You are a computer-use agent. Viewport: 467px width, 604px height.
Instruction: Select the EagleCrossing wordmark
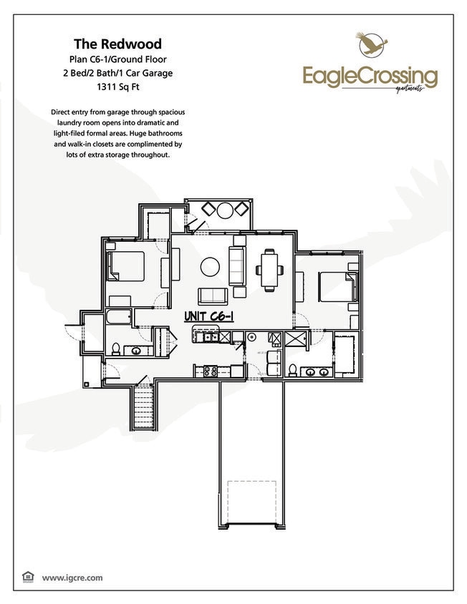(x=370, y=74)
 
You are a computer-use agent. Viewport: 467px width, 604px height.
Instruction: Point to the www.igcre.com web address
(x=72, y=577)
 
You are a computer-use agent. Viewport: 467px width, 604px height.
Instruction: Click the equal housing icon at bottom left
(x=29, y=577)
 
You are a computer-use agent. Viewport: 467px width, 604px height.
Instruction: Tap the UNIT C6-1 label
(x=209, y=316)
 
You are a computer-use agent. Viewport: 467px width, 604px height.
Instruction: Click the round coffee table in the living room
(x=210, y=267)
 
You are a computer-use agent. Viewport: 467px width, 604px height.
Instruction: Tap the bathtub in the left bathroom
(x=119, y=317)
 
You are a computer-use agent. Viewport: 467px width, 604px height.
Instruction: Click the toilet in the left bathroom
(x=115, y=349)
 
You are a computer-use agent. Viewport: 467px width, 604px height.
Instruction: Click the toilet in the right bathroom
(x=293, y=370)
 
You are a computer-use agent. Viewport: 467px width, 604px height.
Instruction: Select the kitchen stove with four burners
(x=210, y=371)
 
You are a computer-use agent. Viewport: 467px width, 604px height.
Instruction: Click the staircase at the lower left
(x=144, y=406)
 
